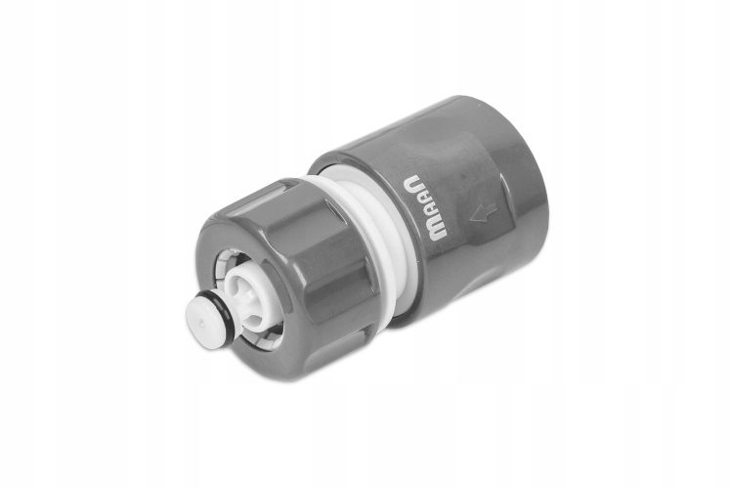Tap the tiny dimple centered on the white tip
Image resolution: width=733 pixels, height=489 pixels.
200,323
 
